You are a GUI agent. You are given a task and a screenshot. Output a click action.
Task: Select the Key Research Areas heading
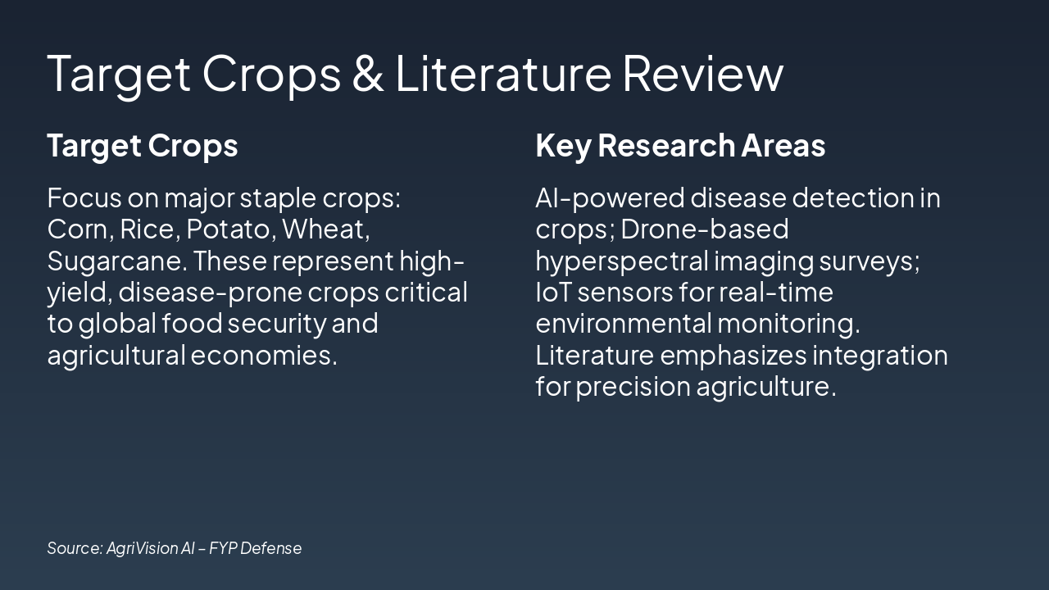click(680, 145)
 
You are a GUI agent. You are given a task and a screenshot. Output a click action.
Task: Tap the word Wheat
click(325, 229)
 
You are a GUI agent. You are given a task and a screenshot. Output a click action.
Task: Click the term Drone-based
click(705, 229)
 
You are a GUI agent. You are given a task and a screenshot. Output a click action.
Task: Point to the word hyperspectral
click(622, 261)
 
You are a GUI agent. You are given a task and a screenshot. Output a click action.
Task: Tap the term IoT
click(552, 293)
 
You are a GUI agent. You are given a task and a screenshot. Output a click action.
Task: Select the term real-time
click(775, 293)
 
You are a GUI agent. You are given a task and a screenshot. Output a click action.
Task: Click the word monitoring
click(788, 324)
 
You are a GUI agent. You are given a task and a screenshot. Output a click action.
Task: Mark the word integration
click(879, 356)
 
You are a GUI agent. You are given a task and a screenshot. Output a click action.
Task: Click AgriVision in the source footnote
click(142, 548)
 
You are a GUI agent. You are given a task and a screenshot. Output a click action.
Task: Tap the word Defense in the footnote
click(271, 548)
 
